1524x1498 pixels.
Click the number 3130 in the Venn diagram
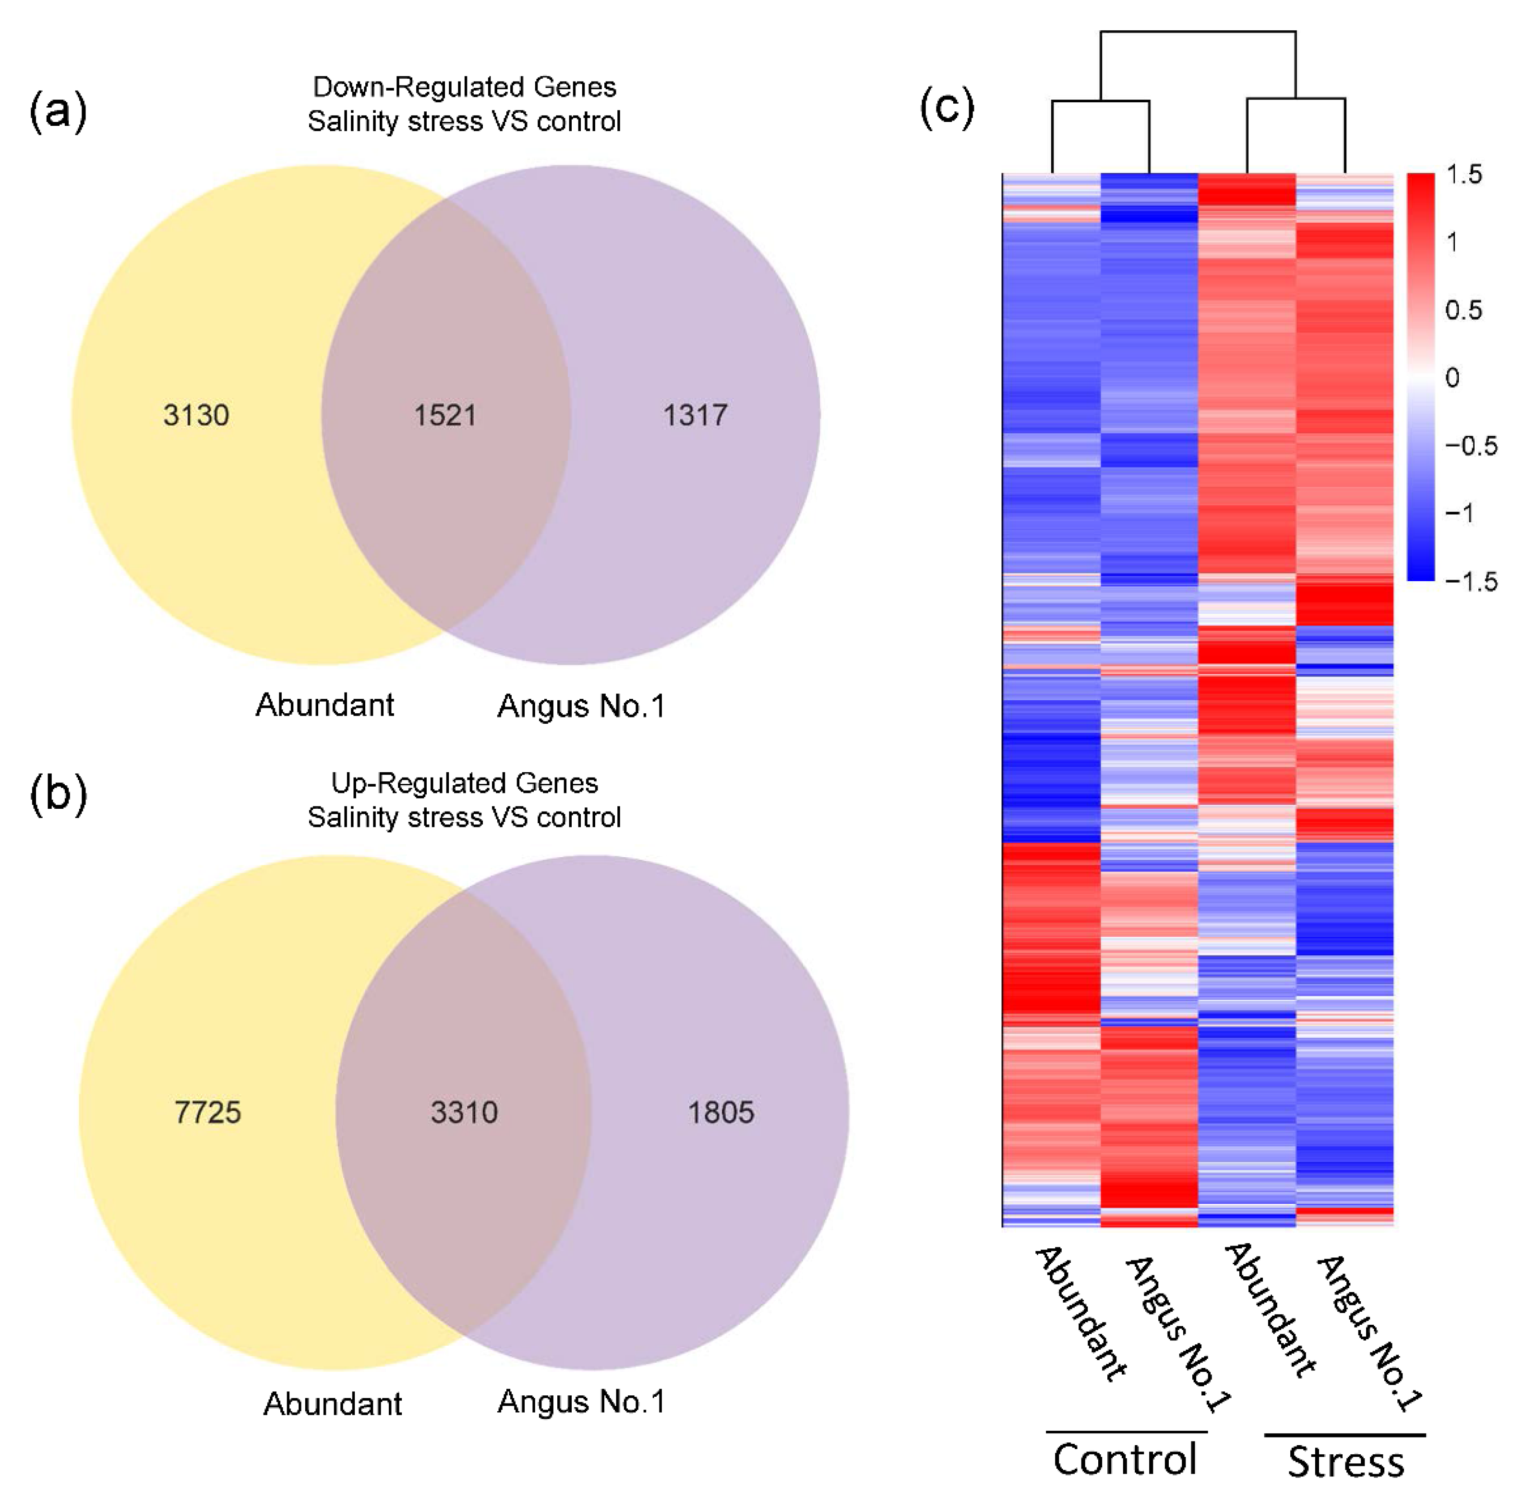pyautogui.click(x=196, y=415)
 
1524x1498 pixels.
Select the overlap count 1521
pyautogui.click(x=445, y=415)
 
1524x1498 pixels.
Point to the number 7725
pyautogui.click(x=208, y=1112)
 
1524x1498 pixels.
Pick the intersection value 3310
pyautogui.click(x=464, y=1112)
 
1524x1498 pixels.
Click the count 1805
pyautogui.click(x=720, y=1112)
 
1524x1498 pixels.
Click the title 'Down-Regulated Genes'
pyautogui.click(x=464, y=86)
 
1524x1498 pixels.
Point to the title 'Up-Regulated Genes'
pyautogui.click(x=464, y=783)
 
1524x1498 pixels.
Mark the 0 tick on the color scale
pyautogui.click(x=1452, y=378)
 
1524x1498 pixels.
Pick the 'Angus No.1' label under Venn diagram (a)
pyautogui.click(x=581, y=706)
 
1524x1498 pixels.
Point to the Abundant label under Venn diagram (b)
pyautogui.click(x=332, y=1403)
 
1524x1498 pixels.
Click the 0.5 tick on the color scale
pyautogui.click(x=1464, y=310)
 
